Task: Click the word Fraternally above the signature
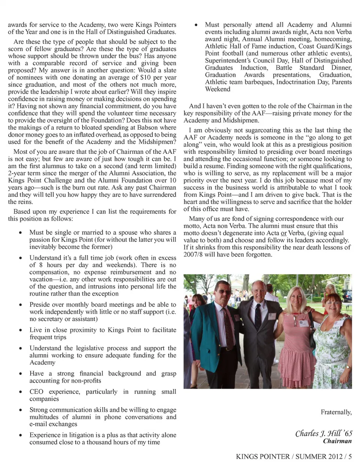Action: (336, 412)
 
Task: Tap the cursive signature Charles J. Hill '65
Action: (324, 433)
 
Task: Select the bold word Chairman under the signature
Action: (337, 441)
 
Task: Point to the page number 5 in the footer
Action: (350, 456)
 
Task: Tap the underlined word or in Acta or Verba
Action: (283, 233)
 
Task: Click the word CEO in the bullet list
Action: (36, 392)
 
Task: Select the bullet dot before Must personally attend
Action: (196, 25)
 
